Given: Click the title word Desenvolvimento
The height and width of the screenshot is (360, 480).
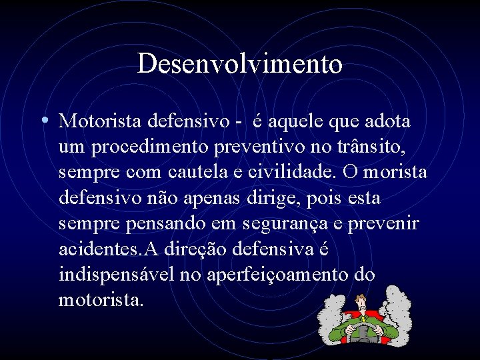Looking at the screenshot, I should tap(240, 63).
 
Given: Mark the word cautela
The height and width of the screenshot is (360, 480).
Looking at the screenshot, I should tap(199, 172).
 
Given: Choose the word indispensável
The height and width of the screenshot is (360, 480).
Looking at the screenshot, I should tap(117, 274).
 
